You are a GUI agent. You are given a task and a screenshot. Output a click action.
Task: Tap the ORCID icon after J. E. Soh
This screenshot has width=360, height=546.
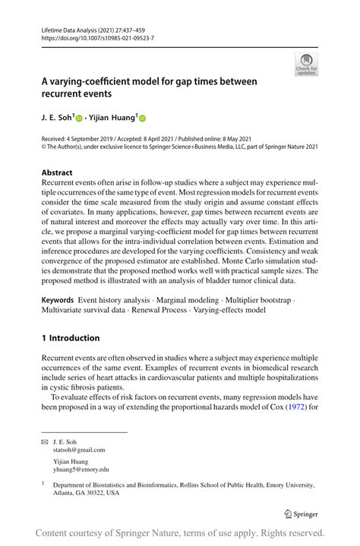80,118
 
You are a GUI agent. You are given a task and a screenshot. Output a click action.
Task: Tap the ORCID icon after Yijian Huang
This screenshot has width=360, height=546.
141,118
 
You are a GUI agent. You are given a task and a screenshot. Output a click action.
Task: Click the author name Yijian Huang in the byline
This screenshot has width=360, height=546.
112,118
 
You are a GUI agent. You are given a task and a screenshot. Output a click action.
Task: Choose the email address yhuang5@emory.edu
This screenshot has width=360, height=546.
81,471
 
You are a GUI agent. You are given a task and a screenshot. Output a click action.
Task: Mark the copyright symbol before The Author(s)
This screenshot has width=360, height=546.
44,148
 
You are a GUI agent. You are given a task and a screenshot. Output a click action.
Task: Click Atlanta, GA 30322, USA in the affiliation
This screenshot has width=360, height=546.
86,492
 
